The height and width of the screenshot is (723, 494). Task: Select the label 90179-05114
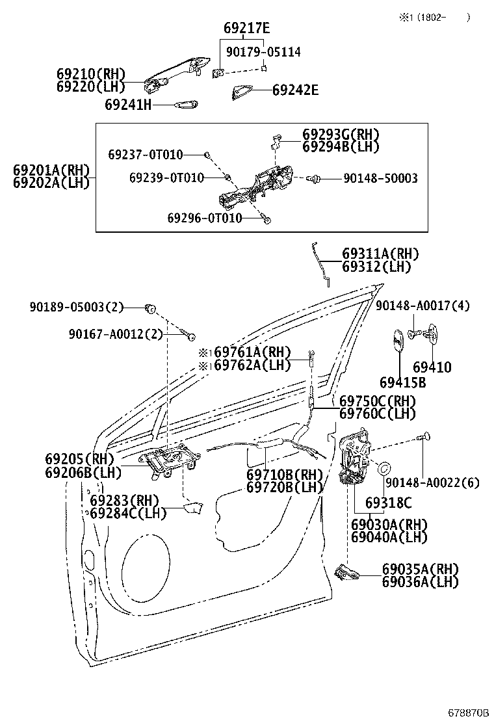click(263, 51)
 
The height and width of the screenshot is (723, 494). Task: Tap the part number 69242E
click(295, 90)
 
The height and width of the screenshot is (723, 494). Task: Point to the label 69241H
click(127, 104)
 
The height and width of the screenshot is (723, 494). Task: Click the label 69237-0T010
click(146, 155)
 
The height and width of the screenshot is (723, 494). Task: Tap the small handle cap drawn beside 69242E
click(242, 93)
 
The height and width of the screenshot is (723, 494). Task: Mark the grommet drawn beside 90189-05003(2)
click(150, 307)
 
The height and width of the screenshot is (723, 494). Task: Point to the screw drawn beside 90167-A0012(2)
click(189, 335)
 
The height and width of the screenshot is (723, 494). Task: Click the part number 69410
click(432, 367)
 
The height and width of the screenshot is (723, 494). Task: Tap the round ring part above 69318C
click(383, 467)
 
